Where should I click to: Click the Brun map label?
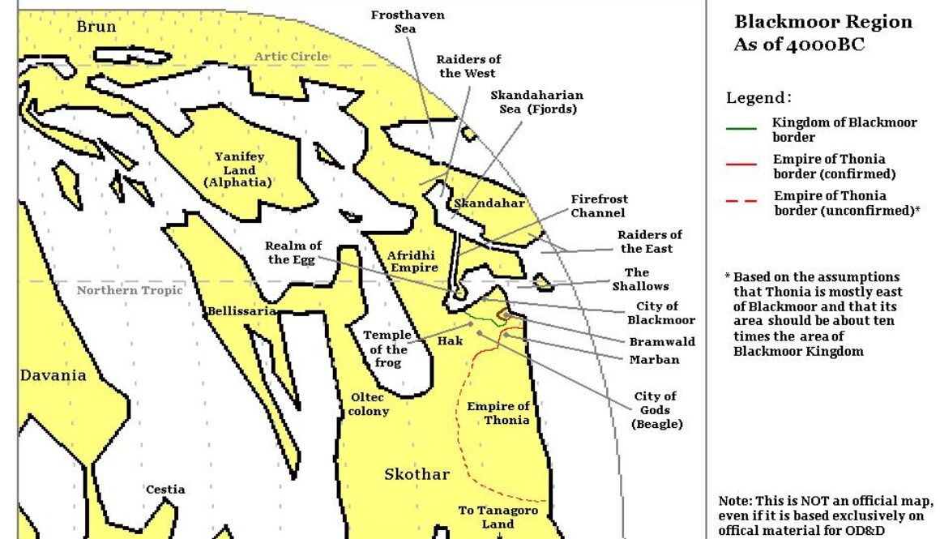coord(96,27)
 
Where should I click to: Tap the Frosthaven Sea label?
coord(408,22)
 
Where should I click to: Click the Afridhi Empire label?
coord(412,261)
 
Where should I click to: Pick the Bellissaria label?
coord(241,310)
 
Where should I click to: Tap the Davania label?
coord(53,375)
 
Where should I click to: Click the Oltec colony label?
coord(369,404)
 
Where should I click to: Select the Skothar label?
coord(417,473)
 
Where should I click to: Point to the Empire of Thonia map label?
coord(498,413)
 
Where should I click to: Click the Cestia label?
coord(165,489)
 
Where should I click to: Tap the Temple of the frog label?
coord(386,349)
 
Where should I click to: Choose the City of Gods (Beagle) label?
coord(656,409)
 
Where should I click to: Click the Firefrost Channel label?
coord(599,206)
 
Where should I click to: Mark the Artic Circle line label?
coord(292,56)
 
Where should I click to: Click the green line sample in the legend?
coord(741,128)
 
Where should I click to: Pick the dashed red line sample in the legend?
coord(741,201)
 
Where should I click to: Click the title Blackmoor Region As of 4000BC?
coord(822,32)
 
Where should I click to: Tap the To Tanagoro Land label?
coord(498,517)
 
